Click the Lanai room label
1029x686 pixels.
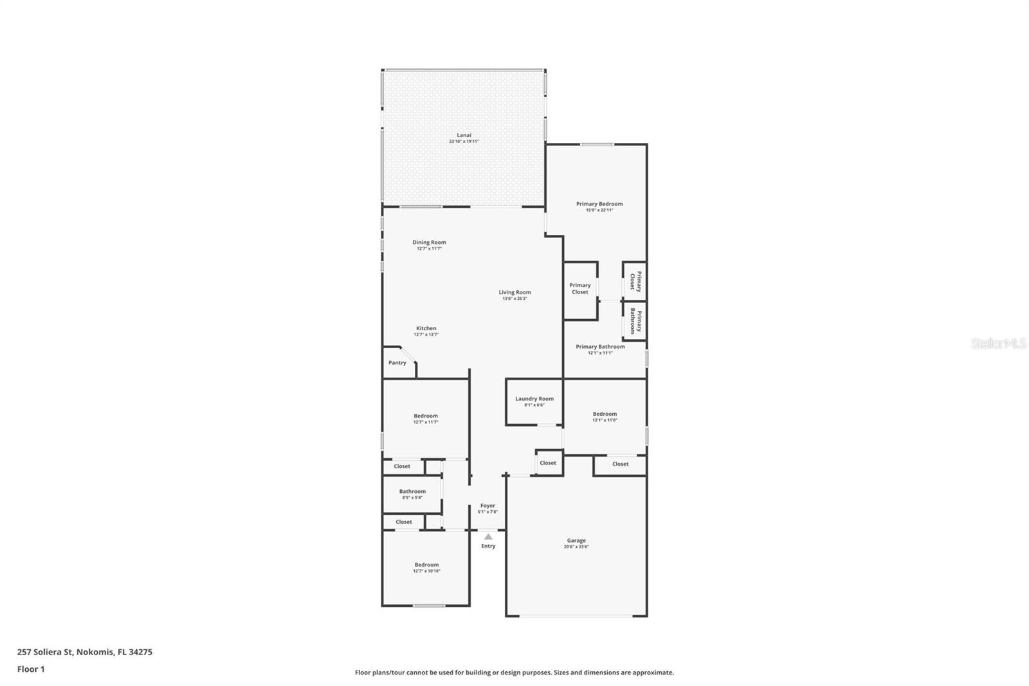pos(464,135)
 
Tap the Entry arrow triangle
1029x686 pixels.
pos(488,537)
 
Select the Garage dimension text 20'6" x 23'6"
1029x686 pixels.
pos(576,547)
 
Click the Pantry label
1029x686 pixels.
pos(397,363)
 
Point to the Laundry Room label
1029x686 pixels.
pos(534,399)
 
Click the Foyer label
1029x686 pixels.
pos(487,506)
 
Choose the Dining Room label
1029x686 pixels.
pos(429,243)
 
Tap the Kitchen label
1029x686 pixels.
pos(426,328)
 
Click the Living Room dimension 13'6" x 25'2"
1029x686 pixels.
pos(514,299)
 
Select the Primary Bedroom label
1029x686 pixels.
pos(599,204)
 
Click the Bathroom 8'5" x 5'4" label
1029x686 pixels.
pos(412,492)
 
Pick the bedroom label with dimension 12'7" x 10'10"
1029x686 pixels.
pos(426,565)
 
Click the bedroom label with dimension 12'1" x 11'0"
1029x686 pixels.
pos(605,414)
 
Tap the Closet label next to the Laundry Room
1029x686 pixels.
pos(548,463)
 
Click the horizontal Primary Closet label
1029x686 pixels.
pos(580,288)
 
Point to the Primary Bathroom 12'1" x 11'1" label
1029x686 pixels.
pos(600,347)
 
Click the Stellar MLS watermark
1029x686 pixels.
pos(998,344)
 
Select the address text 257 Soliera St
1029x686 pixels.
pos(46,652)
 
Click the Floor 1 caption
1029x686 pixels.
pos(31,669)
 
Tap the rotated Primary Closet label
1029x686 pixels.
pos(635,281)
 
